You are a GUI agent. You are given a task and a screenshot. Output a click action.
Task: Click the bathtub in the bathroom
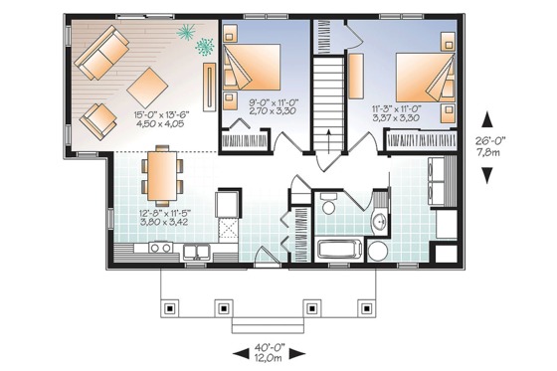tap(340, 250)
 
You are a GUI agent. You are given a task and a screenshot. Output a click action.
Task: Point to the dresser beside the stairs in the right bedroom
tap(354, 76)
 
